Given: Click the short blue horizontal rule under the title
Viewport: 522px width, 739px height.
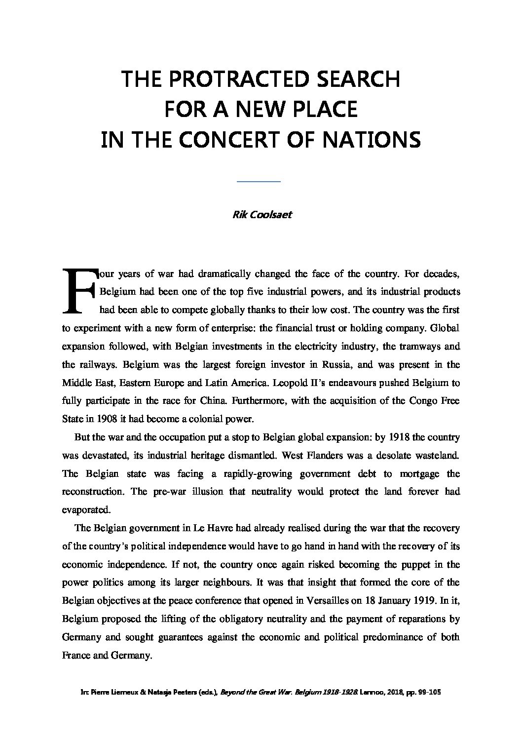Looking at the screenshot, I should [259, 182].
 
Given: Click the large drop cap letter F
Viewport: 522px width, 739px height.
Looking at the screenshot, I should [78, 291].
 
